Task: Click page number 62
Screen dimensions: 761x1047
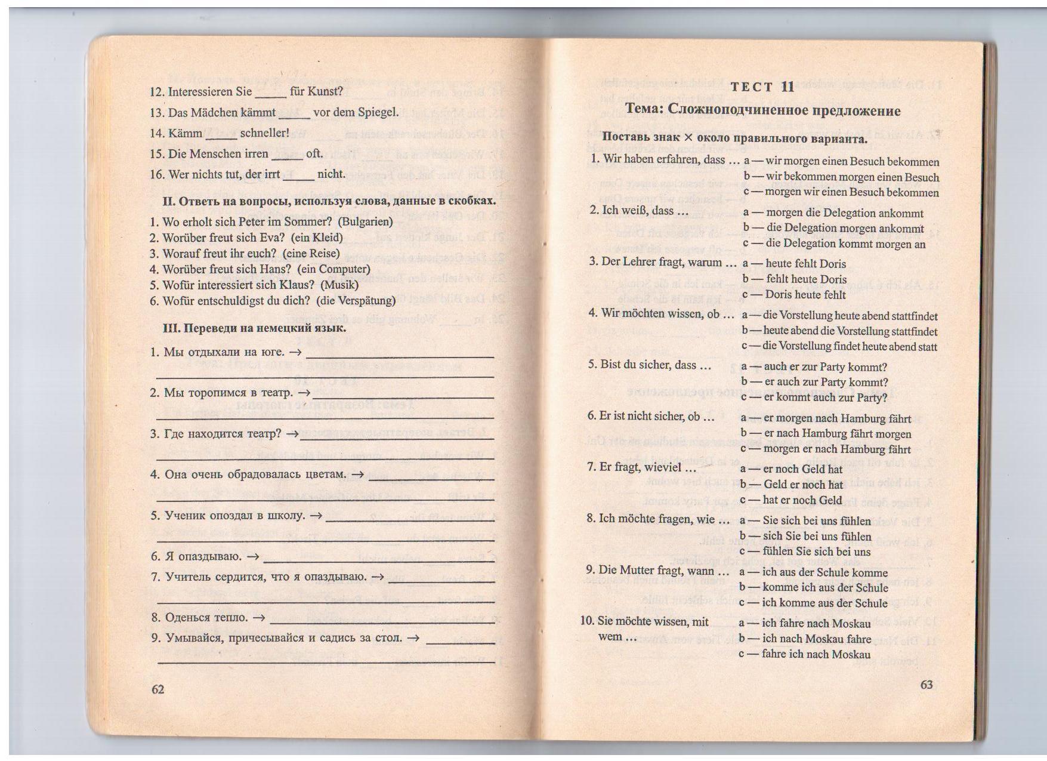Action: [x=157, y=689]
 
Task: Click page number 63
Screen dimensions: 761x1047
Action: [x=926, y=684]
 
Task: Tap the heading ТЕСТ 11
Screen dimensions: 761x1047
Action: [x=762, y=87]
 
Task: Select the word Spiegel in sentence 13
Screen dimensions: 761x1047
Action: [x=377, y=112]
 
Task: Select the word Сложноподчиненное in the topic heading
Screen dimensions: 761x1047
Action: [x=731, y=110]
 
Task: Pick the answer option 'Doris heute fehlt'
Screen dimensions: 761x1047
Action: [x=805, y=294]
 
